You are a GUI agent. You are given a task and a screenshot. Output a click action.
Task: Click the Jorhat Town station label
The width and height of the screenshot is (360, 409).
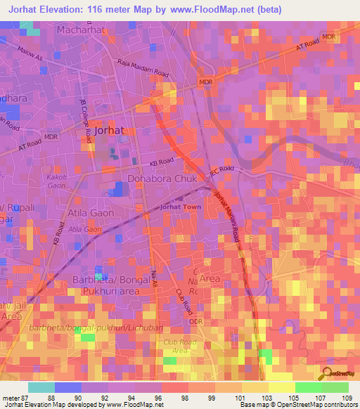tap(181, 208)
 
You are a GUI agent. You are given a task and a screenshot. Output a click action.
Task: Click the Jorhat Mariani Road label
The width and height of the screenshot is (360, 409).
tap(228, 218)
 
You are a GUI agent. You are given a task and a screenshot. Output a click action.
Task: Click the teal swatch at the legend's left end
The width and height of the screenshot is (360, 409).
tap(41, 387)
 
